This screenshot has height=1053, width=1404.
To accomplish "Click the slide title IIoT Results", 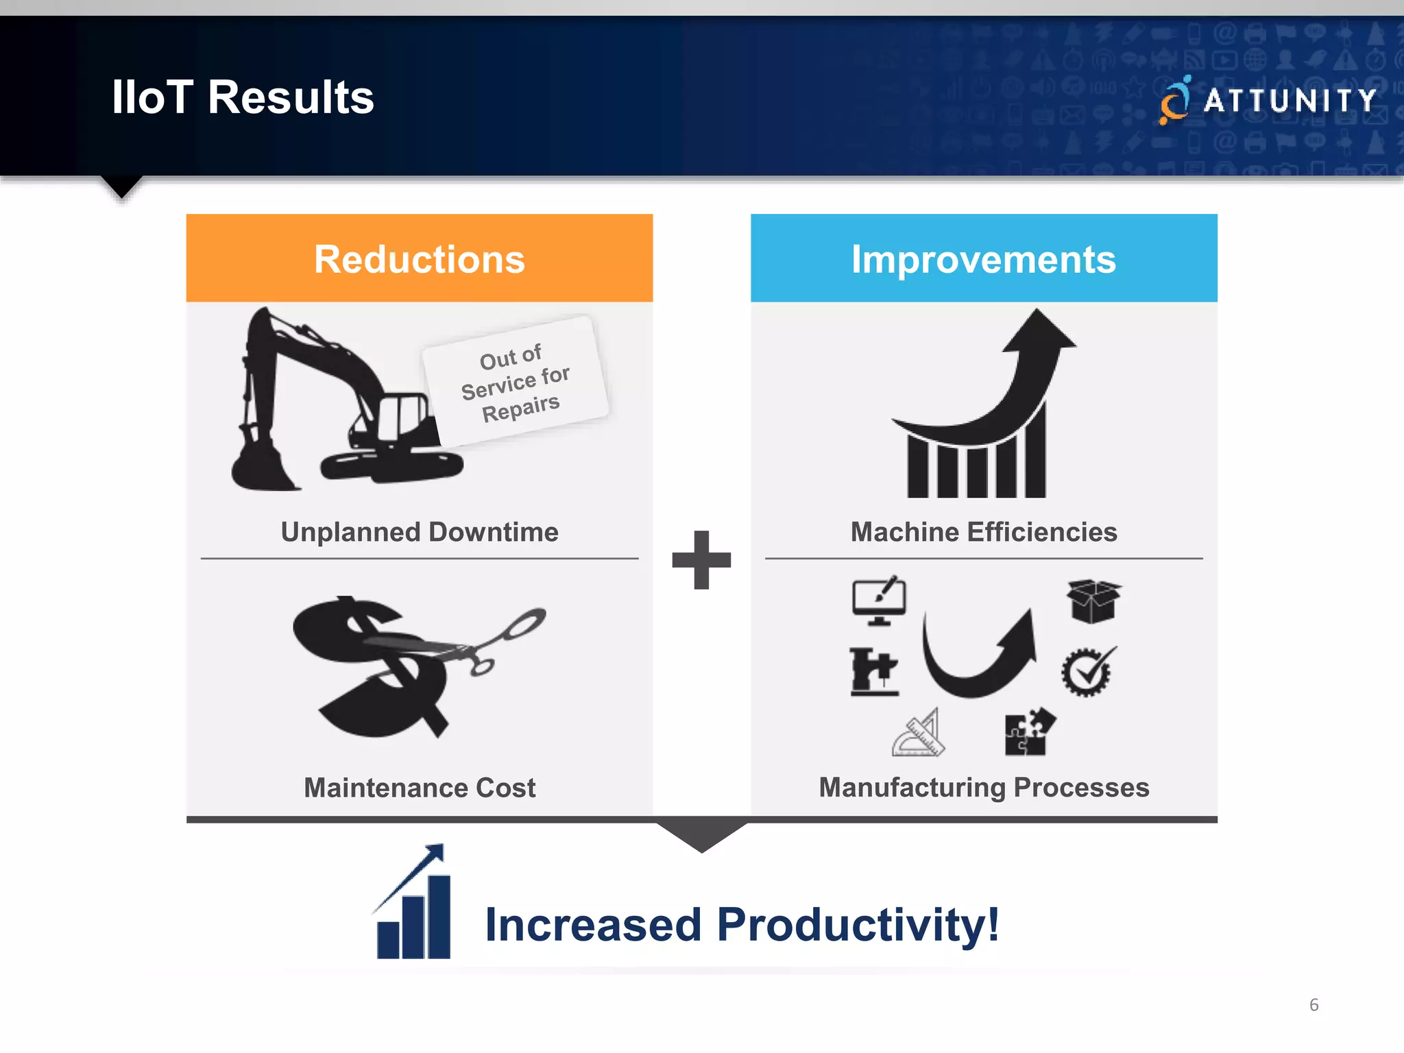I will click(243, 97).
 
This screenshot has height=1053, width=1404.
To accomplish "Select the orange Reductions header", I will click(419, 258).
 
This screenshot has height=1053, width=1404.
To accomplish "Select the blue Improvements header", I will click(984, 258).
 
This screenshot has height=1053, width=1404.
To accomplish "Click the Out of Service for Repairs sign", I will click(516, 382).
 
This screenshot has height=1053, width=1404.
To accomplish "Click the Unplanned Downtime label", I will click(419, 532).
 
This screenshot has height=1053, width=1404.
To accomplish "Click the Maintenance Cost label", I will click(419, 788).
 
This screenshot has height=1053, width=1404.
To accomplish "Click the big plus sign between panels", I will click(701, 559).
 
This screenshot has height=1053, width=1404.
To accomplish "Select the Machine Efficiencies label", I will click(984, 532).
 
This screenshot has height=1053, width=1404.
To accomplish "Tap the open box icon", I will click(1093, 601).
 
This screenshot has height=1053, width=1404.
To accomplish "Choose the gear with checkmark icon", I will click(1087, 672).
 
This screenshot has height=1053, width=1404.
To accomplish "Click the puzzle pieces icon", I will click(1028, 732).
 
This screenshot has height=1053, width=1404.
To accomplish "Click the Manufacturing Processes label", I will click(984, 788).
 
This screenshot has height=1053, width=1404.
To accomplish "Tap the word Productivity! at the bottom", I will click(858, 925).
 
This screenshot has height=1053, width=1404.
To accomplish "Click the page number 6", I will click(1314, 1004).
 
